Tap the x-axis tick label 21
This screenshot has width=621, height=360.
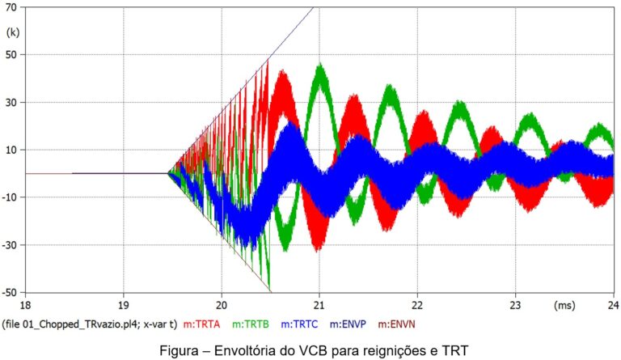tap(319, 306)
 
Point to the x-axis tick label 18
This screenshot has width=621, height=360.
tap(25, 306)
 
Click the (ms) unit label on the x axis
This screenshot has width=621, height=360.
tap(564, 306)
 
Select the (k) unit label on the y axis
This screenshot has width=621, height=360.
tap(12, 32)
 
